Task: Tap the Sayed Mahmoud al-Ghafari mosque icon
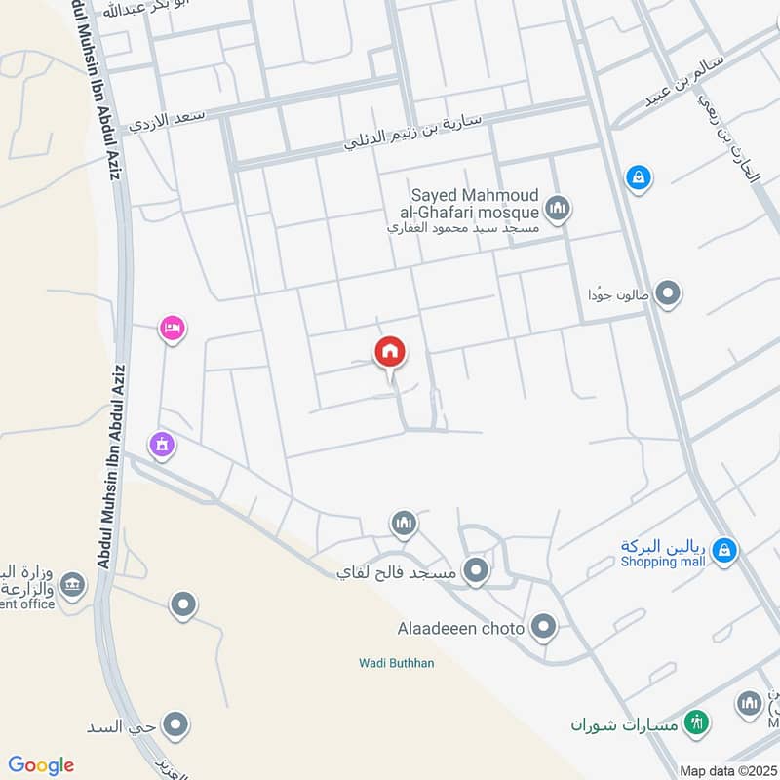[558, 208]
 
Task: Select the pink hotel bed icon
[173, 329]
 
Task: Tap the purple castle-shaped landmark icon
[161, 445]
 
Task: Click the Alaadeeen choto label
[461, 627]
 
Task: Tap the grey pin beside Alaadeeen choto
[543, 626]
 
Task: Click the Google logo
[41, 764]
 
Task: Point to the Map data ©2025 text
[726, 770]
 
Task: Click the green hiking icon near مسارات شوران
[696, 722]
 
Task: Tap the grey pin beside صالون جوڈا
[668, 292]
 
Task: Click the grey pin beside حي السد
[176, 724]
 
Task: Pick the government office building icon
[71, 585]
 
